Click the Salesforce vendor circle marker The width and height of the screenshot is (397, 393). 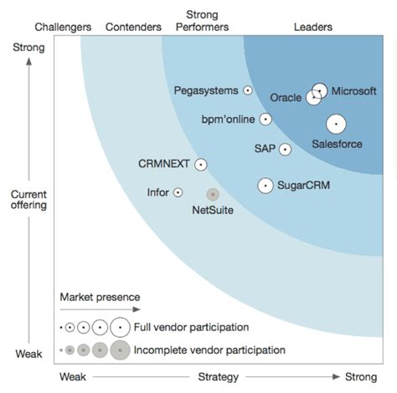(x=336, y=125)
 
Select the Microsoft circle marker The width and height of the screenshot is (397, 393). (x=319, y=90)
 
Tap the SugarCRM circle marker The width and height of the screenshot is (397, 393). (x=266, y=186)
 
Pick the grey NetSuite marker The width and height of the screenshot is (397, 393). (x=213, y=194)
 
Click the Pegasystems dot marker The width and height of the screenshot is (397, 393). (x=247, y=90)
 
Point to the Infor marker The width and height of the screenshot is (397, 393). (x=178, y=192)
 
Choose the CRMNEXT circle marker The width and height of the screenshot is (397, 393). (x=201, y=165)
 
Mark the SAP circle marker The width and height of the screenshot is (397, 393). (x=285, y=150)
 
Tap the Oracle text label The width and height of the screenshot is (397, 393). (x=286, y=98)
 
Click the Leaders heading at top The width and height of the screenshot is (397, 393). (x=313, y=27)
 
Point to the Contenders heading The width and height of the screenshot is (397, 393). (x=133, y=27)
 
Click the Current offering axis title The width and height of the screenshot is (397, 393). (x=28, y=199)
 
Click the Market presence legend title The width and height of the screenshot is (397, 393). (x=100, y=297)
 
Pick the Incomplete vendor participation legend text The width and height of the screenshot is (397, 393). (x=209, y=350)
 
